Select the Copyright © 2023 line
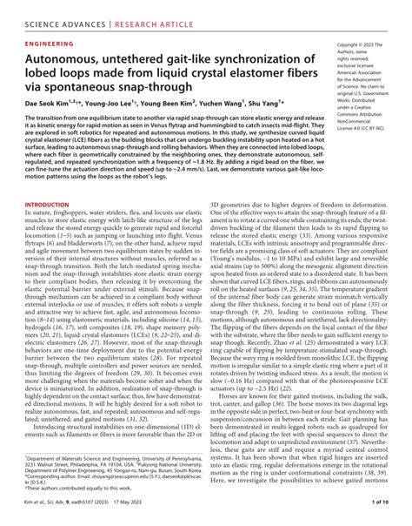click(359, 43)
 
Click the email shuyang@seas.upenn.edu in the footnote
click(112, 478)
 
